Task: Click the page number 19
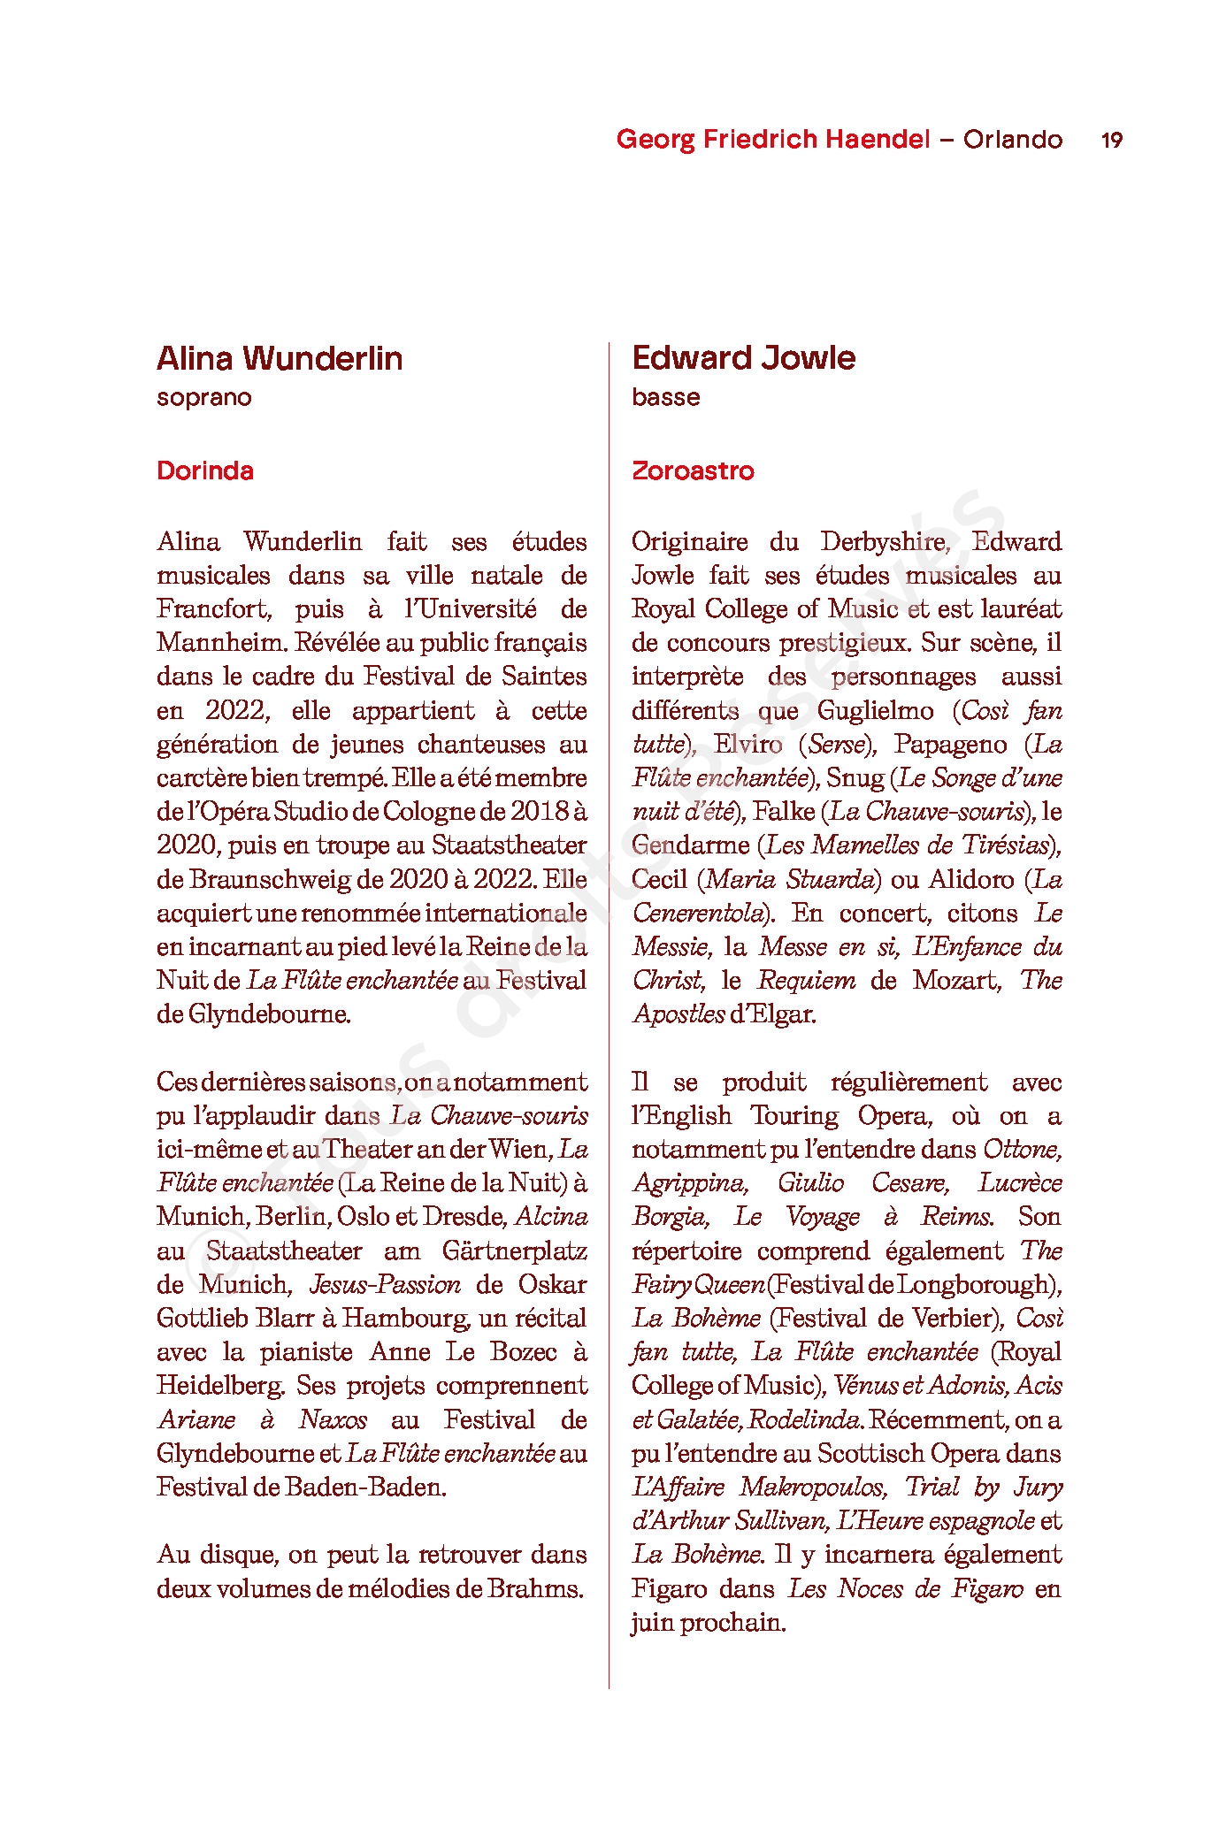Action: coord(1112,140)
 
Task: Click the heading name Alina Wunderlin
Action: coord(280,358)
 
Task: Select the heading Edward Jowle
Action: coord(743,358)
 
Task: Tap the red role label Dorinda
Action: coord(205,470)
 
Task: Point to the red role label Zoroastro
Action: coord(693,470)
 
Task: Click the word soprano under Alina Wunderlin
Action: coord(204,398)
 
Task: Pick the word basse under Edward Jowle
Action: coord(665,398)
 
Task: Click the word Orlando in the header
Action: coord(1013,140)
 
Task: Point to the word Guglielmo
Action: coord(875,711)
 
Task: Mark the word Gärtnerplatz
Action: coord(514,1251)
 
